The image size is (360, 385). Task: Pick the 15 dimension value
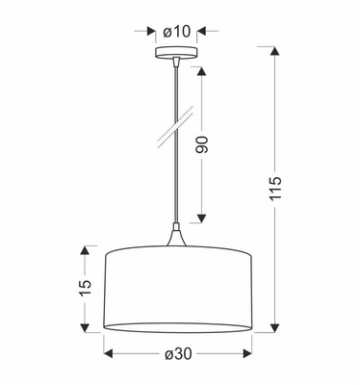[85, 287]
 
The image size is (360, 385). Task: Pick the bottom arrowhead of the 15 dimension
[85, 326]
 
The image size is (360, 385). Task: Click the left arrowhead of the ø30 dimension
[109, 355]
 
